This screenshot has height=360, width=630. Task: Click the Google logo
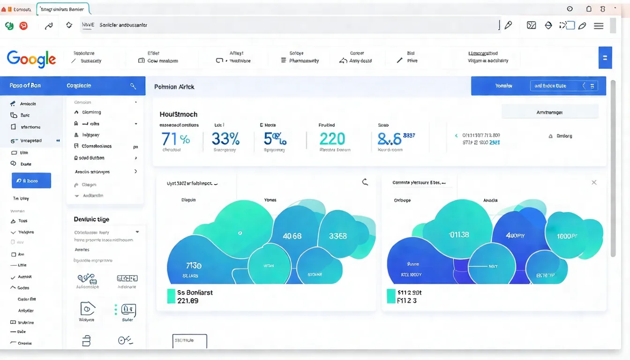point(31,59)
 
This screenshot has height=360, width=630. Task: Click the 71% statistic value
point(175,139)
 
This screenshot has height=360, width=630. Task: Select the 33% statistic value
point(225,139)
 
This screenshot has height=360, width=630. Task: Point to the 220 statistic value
point(332,139)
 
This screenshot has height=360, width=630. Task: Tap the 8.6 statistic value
point(390,139)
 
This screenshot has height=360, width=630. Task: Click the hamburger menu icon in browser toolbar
point(599,26)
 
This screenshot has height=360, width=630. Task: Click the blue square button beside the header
point(605,58)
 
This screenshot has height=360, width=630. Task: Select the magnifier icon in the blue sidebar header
point(133,86)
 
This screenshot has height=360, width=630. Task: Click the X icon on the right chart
point(594,182)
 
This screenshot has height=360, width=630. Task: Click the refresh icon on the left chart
point(365,182)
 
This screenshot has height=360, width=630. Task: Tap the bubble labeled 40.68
point(292,236)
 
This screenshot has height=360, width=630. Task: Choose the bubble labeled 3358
point(337,236)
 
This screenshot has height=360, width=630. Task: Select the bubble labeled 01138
point(458,234)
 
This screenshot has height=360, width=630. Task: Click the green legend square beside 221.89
point(171,296)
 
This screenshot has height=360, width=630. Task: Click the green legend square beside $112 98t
point(390,296)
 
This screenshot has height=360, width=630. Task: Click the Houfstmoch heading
point(178,114)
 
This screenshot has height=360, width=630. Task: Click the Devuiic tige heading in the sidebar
point(91,219)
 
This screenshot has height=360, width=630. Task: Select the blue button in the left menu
point(31,180)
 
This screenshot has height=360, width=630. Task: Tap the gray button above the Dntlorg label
point(549,112)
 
